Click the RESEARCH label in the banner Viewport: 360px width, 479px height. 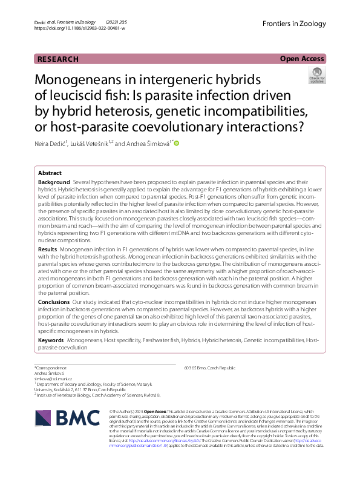pyautogui.click(x=58, y=59)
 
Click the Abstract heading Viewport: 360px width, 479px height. pyautogui.click(x=50, y=173)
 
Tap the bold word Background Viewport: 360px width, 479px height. pyautogui.click(x=54, y=182)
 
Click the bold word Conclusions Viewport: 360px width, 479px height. pyautogui.click(x=54, y=301)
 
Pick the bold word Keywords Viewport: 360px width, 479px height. pyautogui.click(x=51, y=341)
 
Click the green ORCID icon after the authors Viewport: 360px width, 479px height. pyautogui.click(x=177, y=144)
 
